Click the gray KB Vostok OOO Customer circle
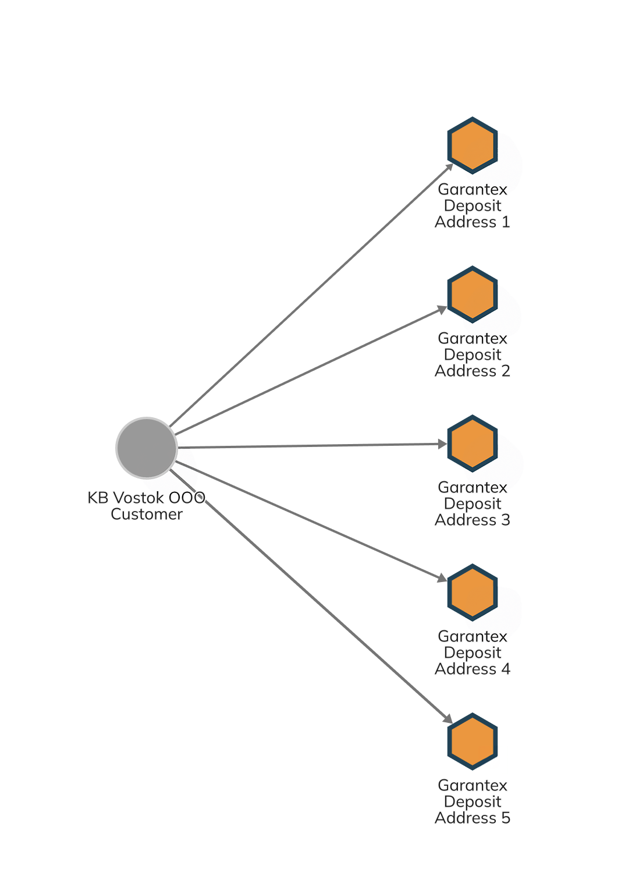pos(147,448)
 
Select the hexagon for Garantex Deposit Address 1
pos(473,146)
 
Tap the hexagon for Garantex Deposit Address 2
pos(473,295)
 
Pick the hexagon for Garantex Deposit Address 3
pos(473,443)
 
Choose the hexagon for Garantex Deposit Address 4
pos(473,592)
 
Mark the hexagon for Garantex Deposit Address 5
pos(473,741)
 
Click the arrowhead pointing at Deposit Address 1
pos(449,168)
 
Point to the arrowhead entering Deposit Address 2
pos(442,309)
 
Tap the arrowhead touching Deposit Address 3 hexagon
pos(442,444)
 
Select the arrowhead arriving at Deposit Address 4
pos(442,578)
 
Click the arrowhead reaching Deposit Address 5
pos(448,719)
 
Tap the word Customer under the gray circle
pos(147,514)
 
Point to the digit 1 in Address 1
pos(506,222)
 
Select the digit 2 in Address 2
pos(506,371)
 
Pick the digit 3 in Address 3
pos(506,520)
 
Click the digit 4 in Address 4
pos(506,669)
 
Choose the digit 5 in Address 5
pos(506,818)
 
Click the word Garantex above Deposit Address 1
pos(473,190)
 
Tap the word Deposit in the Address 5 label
pos(473,802)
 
